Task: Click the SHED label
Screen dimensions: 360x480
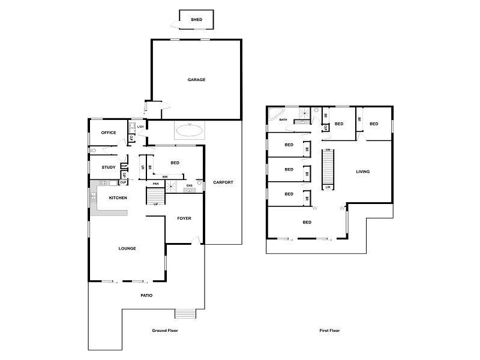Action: pyautogui.click(x=196, y=20)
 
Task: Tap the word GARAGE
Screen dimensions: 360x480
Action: pyautogui.click(x=196, y=80)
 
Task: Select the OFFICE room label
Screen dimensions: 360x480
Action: pyautogui.click(x=109, y=133)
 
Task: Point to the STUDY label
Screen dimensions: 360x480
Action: pyautogui.click(x=109, y=167)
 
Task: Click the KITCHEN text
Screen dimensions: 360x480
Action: pyautogui.click(x=117, y=197)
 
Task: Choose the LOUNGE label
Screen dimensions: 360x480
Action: pyautogui.click(x=127, y=248)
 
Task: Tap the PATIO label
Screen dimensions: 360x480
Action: pyautogui.click(x=146, y=295)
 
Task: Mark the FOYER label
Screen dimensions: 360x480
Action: pyautogui.click(x=184, y=218)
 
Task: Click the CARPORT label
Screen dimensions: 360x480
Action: pyautogui.click(x=223, y=182)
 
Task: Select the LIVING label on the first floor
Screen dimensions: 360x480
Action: pyautogui.click(x=363, y=172)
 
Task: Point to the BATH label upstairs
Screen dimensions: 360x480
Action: pyautogui.click(x=283, y=120)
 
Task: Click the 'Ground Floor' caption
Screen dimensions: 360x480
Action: pyautogui.click(x=165, y=331)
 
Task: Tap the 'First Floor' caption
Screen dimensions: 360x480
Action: pyautogui.click(x=329, y=331)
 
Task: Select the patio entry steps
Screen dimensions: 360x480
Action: pyautogui.click(x=185, y=314)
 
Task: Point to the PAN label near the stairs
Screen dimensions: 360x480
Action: pyautogui.click(x=155, y=184)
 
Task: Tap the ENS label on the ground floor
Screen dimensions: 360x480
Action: pyautogui.click(x=189, y=185)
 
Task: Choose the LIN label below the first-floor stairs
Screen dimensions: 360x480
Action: pyautogui.click(x=328, y=188)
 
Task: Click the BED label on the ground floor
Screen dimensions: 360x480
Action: pyautogui.click(x=175, y=163)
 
